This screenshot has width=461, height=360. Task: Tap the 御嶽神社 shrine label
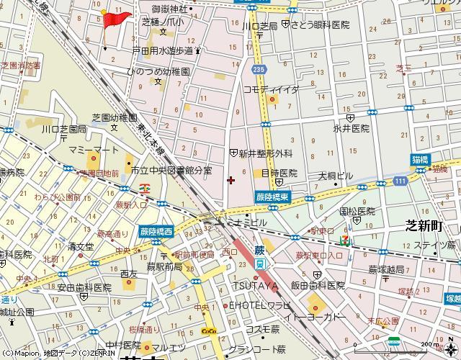169,9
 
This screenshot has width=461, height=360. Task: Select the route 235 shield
257,69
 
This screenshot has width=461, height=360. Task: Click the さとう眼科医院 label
321,24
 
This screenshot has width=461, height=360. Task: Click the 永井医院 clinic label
351,128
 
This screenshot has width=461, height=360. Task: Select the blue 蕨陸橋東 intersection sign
272,197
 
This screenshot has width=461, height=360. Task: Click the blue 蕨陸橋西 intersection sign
157,233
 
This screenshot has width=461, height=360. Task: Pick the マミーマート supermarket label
94,149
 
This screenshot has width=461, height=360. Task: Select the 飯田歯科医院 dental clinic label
318,285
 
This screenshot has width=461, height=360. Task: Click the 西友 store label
129,274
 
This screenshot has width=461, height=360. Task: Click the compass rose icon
394,342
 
